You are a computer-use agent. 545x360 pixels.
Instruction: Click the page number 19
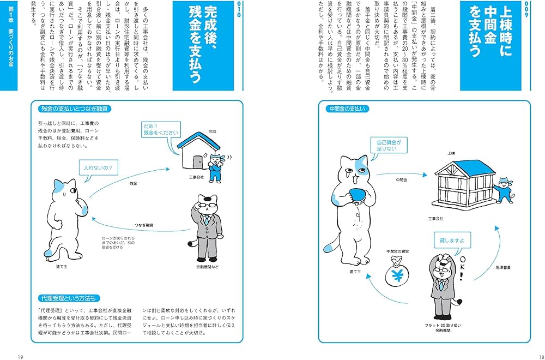click(x=20, y=356)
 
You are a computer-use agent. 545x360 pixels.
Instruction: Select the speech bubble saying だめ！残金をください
click(x=161, y=129)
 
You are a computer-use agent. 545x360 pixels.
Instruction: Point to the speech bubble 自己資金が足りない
click(x=389, y=145)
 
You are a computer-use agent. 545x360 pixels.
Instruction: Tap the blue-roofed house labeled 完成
click(x=197, y=153)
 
